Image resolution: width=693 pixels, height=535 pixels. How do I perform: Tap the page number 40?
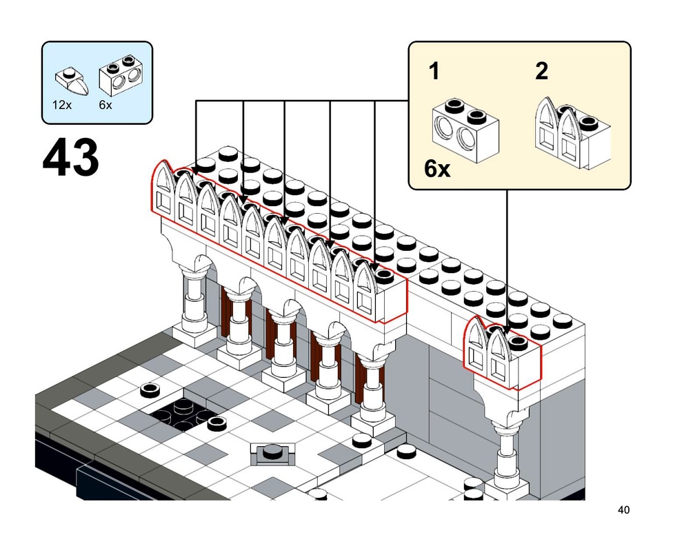click(623, 511)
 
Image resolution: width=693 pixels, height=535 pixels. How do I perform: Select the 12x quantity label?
click(61, 105)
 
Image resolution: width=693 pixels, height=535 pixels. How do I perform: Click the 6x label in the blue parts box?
click(106, 105)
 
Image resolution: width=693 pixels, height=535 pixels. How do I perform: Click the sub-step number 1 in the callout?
click(434, 71)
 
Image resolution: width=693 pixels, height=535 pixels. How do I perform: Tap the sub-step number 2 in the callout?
click(542, 71)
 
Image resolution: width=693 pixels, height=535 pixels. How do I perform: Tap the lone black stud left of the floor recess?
click(149, 391)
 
